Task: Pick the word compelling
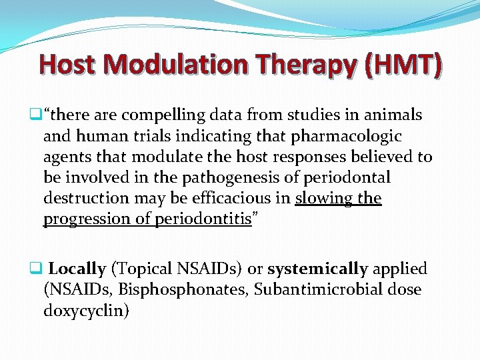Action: pyautogui.click(x=155, y=115)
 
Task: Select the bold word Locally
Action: pyautogui.click(x=77, y=269)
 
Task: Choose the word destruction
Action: pyautogui.click(x=87, y=199)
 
